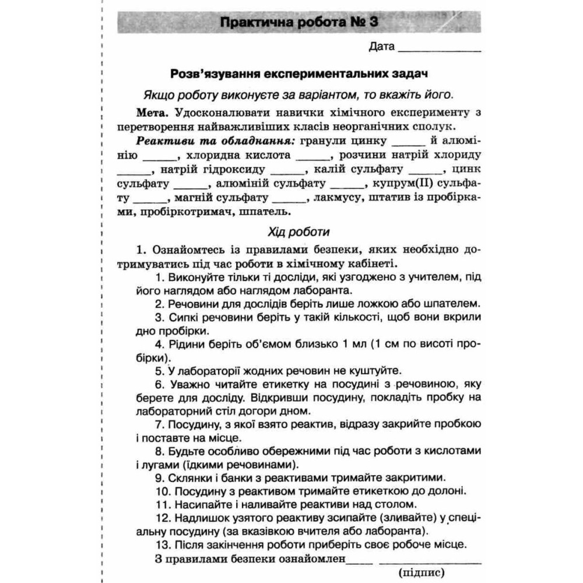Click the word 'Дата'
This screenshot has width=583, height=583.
tap(381, 46)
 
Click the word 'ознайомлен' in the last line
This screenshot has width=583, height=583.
tap(311, 559)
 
